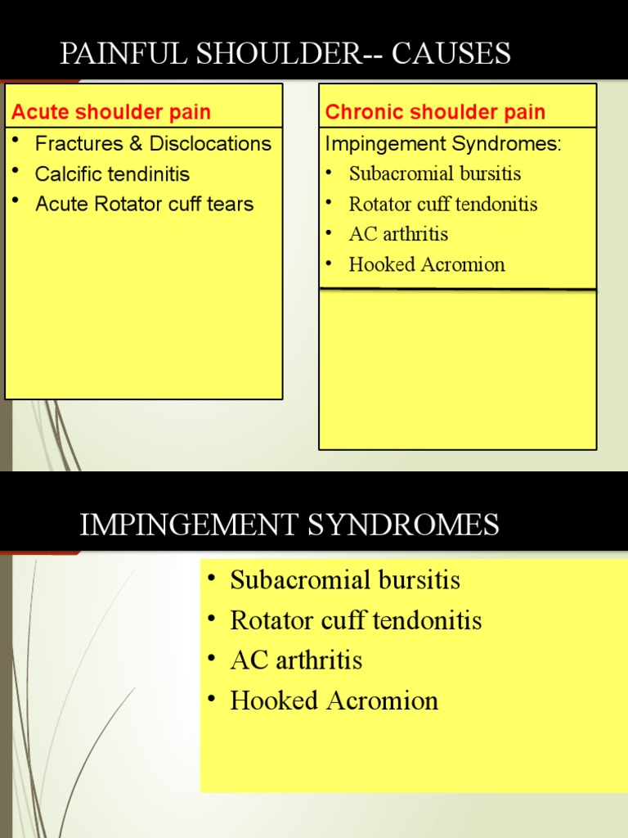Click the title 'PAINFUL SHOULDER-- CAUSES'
[x=285, y=54]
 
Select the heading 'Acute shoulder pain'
[x=111, y=112]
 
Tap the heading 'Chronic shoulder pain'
[x=435, y=112]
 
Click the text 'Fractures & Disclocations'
[x=153, y=144]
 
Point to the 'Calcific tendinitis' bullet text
[x=112, y=174]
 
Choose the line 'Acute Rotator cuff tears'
[x=144, y=204]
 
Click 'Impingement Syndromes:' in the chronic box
[x=444, y=144]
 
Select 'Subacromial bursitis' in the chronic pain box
[x=434, y=173]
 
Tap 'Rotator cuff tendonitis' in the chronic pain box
[x=442, y=204]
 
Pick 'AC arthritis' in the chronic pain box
[x=398, y=234]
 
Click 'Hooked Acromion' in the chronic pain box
[x=427, y=264]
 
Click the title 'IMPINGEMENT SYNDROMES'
[x=289, y=525]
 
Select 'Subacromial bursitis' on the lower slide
[x=345, y=580]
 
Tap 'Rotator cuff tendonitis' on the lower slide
[x=356, y=620]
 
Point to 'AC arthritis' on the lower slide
[x=296, y=660]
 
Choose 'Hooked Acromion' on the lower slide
[x=334, y=701]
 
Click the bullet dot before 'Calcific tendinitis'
[x=15, y=173]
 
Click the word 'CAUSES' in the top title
[x=451, y=54]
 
